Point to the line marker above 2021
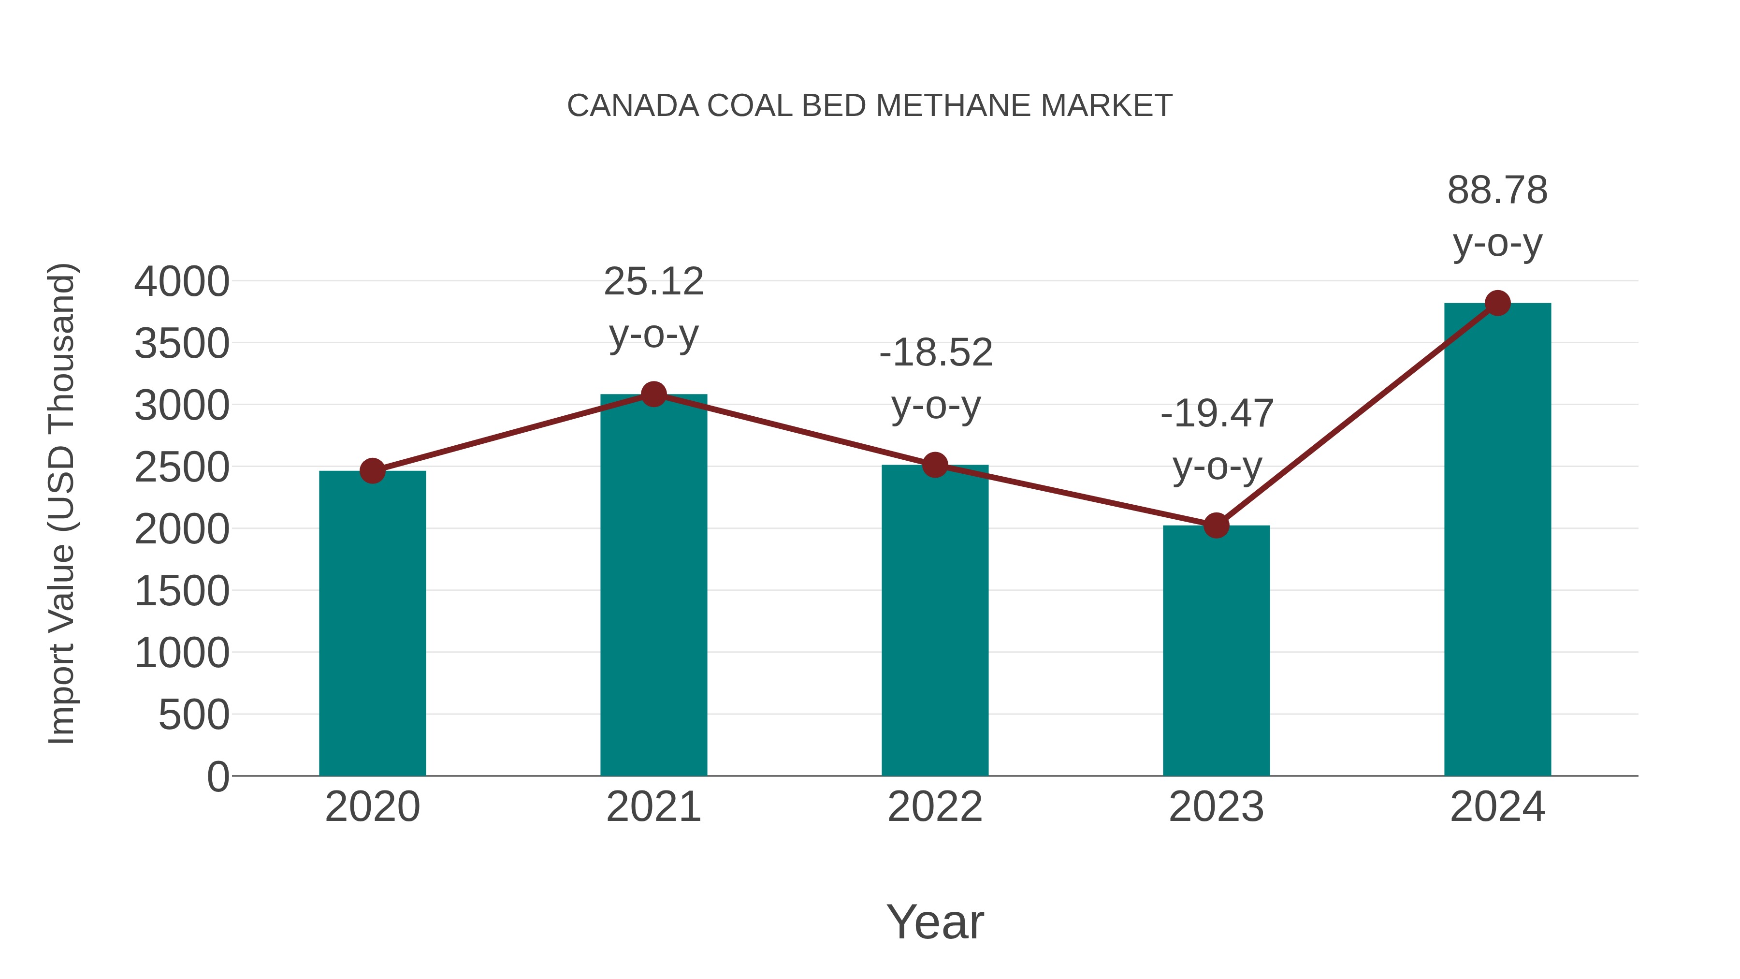(653, 394)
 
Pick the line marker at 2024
(1497, 303)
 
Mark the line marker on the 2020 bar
(372, 471)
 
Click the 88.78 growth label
(1497, 190)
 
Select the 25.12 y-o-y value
(653, 282)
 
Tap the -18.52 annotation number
(936, 353)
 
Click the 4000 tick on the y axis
(182, 282)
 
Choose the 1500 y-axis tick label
(182, 591)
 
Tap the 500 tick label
(194, 715)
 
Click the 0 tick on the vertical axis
(218, 776)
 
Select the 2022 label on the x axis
(935, 807)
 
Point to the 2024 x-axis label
(1497, 807)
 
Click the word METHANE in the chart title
(952, 106)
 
